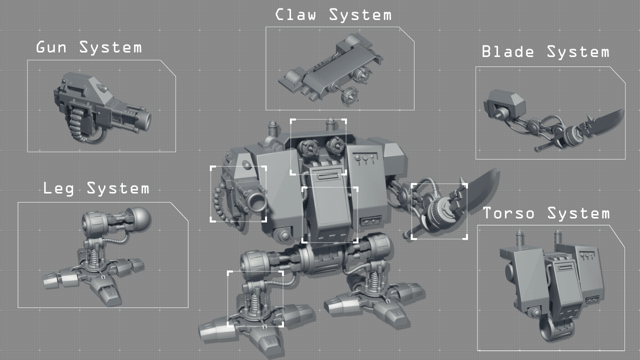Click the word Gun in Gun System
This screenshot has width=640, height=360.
52,48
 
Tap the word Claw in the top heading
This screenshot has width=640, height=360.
296,14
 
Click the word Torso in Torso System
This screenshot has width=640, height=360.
509,213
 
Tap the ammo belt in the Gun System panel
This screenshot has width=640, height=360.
77,123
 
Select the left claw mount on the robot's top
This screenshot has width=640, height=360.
306,147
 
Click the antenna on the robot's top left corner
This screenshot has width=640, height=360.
272,128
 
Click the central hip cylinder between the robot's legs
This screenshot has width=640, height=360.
320,261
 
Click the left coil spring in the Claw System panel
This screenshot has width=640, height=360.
290,79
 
